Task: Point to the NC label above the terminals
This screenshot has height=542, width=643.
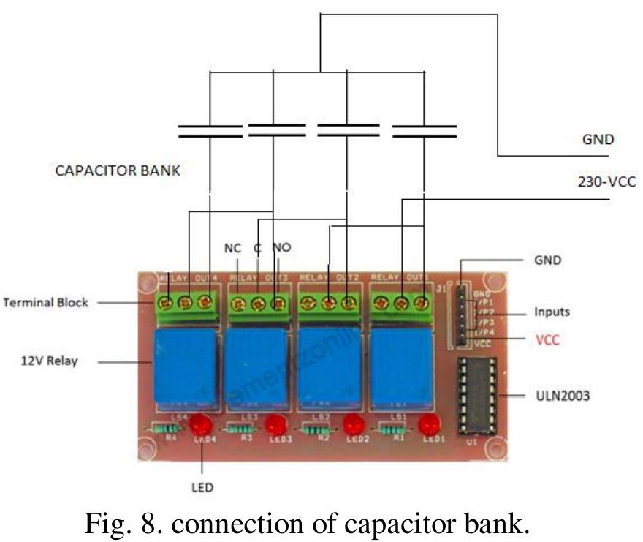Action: point(232,248)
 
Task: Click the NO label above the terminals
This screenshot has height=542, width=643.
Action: point(281,248)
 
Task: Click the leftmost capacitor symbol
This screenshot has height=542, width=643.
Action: point(210,132)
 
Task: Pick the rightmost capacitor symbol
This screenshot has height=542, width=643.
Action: point(424,132)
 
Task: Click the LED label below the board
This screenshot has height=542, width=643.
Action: point(202,486)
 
